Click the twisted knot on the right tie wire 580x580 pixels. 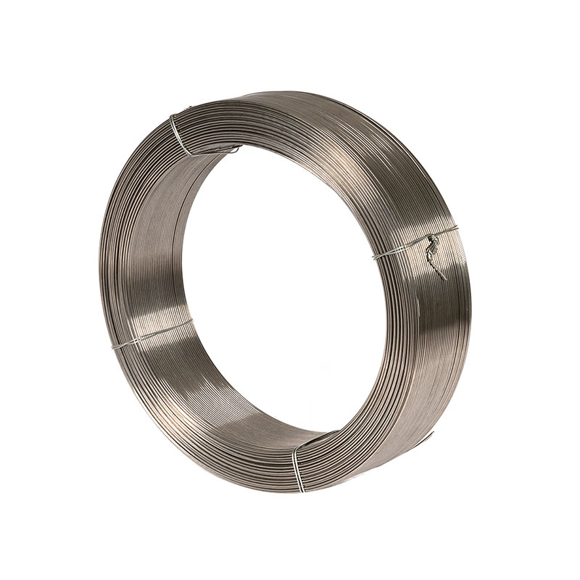433,246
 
